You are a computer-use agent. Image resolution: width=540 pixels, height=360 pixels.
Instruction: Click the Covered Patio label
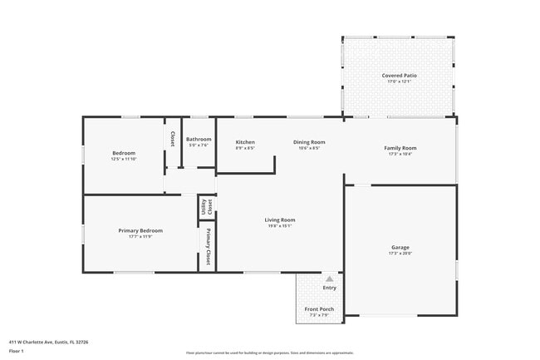click(x=400, y=76)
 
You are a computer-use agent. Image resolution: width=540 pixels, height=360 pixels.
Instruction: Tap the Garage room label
click(x=400, y=247)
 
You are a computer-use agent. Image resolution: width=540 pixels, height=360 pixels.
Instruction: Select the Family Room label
click(x=400, y=148)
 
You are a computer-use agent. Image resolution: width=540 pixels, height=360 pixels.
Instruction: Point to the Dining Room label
click(x=308, y=142)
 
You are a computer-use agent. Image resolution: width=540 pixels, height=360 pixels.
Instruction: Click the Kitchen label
click(x=245, y=142)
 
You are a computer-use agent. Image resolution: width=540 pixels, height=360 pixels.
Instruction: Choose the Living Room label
click(x=280, y=219)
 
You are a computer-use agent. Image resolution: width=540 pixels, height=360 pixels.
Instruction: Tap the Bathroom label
click(x=199, y=139)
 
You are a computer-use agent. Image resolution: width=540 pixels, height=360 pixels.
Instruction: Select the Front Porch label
click(x=319, y=309)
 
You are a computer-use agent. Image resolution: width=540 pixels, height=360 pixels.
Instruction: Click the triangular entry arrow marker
click(x=329, y=279)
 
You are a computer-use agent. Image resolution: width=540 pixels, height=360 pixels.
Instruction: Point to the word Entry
click(x=330, y=288)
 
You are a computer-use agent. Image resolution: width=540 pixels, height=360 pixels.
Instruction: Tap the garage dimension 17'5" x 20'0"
click(x=400, y=253)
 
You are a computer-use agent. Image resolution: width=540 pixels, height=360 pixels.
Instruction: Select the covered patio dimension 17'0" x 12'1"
click(x=400, y=81)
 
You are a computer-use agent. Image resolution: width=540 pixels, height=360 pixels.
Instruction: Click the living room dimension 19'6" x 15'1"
click(x=280, y=225)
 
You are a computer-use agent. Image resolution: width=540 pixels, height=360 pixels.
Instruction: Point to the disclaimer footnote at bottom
click(x=270, y=353)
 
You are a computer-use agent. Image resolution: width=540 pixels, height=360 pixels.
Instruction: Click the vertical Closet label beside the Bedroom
click(x=172, y=139)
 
